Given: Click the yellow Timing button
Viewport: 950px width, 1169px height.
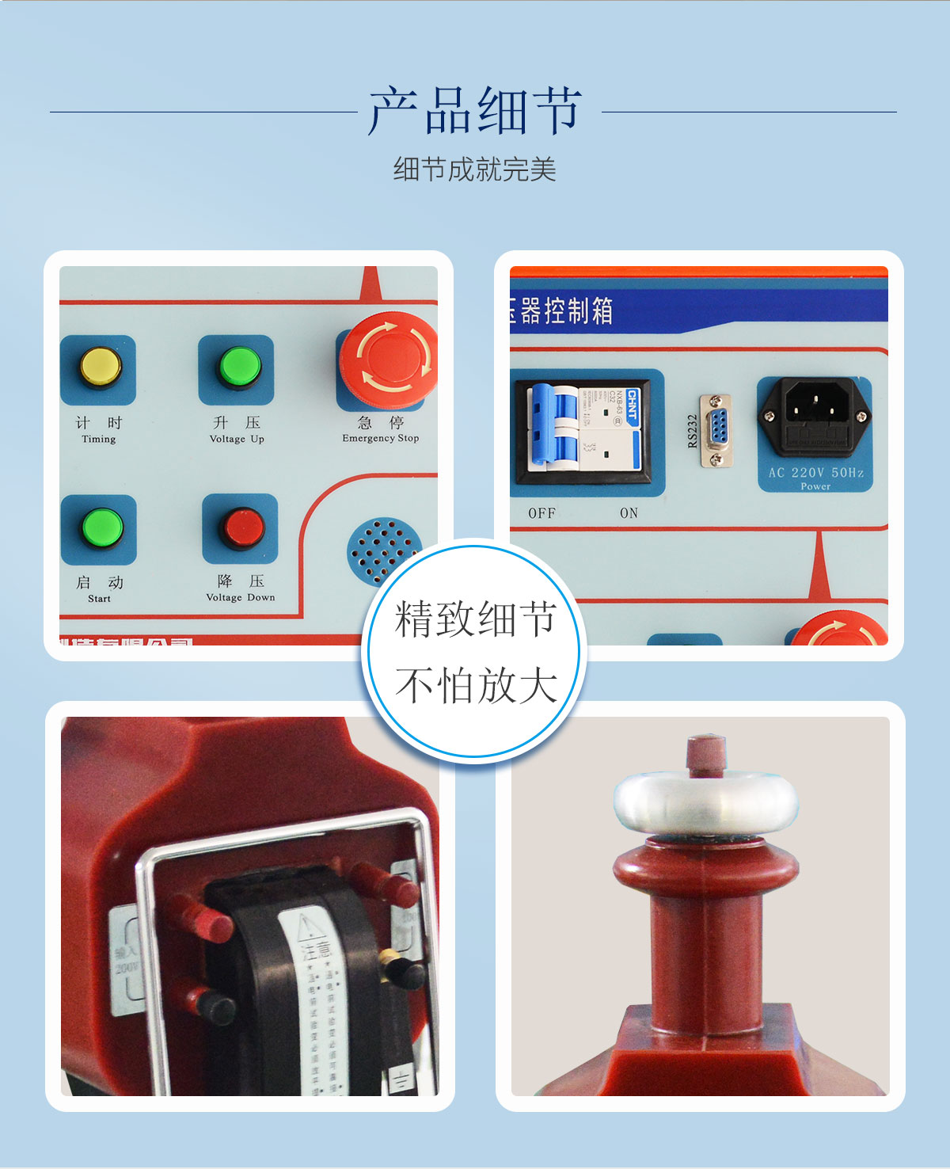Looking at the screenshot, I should click(100, 367).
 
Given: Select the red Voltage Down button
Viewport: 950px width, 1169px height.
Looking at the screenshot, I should click(241, 527).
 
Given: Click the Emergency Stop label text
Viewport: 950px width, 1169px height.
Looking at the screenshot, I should click(380, 438).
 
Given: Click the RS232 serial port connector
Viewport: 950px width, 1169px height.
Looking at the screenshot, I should click(716, 431).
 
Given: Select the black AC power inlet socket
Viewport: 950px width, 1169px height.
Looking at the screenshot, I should click(815, 417).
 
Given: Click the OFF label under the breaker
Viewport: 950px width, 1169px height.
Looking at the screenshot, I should click(541, 513).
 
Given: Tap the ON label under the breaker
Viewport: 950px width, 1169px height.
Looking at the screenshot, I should click(629, 513).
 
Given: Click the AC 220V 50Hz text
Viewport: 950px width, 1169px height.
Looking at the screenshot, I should click(815, 473).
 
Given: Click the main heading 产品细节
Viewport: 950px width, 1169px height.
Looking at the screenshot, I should click(475, 111).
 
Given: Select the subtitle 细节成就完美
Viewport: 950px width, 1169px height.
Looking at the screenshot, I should click(475, 169).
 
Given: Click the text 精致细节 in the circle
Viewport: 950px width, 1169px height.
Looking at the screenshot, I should click(475, 619).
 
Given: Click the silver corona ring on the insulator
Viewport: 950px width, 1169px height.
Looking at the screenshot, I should click(706, 802).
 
